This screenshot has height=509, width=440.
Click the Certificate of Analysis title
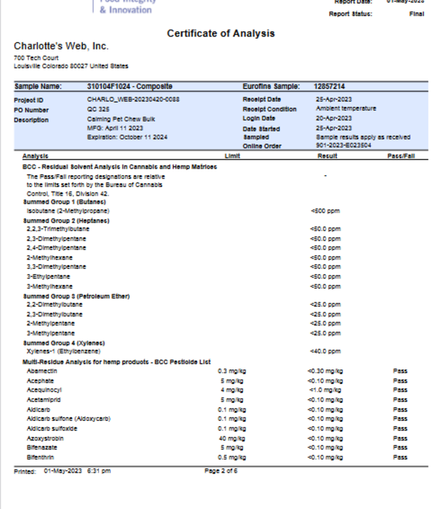(x=220, y=33)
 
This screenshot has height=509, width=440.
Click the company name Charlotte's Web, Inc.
(x=61, y=47)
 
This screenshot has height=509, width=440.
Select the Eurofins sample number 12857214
(x=329, y=87)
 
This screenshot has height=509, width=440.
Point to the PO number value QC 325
(x=97, y=109)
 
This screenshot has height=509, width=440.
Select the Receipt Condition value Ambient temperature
(x=345, y=109)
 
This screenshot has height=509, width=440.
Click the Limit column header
(x=233, y=156)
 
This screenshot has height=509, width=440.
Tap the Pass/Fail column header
(x=401, y=156)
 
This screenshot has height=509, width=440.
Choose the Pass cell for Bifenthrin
(x=400, y=457)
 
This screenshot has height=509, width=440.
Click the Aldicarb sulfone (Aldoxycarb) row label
(x=68, y=419)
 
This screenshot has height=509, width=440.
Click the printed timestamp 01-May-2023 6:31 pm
(x=77, y=471)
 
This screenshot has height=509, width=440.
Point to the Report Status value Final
(x=417, y=14)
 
